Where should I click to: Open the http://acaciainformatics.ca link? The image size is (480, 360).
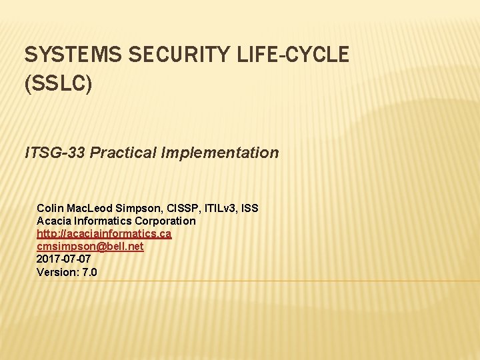pos(104,233)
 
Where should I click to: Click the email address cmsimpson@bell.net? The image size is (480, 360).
pos(90,246)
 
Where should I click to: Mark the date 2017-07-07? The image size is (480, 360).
pos(64,259)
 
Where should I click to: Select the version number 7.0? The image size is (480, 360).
pos(89,272)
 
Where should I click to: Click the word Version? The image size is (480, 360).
pos(57,272)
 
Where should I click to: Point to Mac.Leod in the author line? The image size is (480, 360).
pos(90,208)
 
